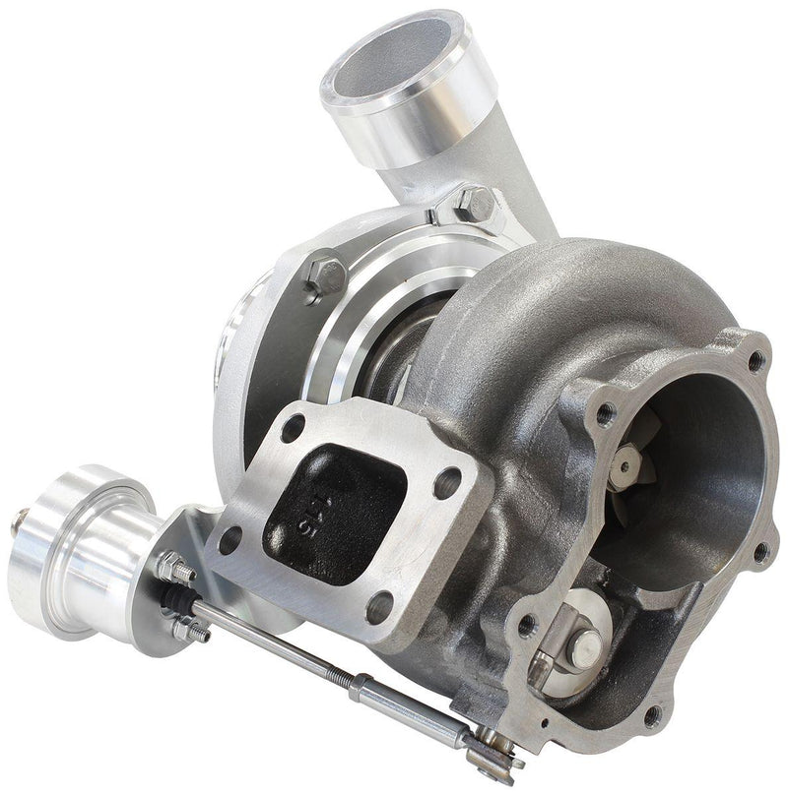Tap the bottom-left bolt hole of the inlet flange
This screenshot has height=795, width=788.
pos(230,538)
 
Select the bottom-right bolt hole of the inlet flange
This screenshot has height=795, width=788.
pos(377,607)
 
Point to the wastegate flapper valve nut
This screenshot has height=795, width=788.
pos(588,644)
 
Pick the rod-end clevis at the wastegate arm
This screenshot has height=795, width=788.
pos(492,757)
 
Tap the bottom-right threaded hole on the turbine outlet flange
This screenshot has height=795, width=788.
pos(650,715)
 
